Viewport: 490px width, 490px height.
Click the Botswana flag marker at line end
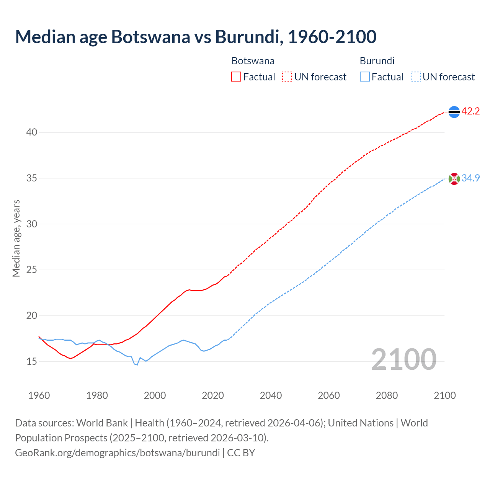click(x=454, y=112)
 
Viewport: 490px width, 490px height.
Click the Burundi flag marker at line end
click(x=454, y=179)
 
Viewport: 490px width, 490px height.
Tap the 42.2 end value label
click(x=470, y=111)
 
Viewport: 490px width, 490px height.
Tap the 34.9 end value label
click(x=470, y=178)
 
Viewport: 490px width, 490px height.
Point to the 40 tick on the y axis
click(x=32, y=132)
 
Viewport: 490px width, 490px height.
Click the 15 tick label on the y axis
click(x=32, y=361)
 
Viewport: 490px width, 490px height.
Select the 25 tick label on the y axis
click(x=32, y=270)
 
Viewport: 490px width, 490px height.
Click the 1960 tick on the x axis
click(x=39, y=395)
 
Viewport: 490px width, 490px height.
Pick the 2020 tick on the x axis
click(x=213, y=395)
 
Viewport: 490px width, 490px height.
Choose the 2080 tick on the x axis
click(x=387, y=395)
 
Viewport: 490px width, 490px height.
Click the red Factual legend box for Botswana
click(x=236, y=77)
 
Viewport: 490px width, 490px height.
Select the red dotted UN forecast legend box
click(x=287, y=77)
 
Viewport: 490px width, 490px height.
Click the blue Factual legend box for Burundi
click(x=365, y=77)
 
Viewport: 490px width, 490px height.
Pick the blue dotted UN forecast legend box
click(x=415, y=77)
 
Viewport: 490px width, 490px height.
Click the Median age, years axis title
click(x=16, y=238)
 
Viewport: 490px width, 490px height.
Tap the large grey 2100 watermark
click(x=403, y=359)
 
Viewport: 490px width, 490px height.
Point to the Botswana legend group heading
click(x=253, y=61)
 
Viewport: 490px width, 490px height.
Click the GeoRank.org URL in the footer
click(x=117, y=453)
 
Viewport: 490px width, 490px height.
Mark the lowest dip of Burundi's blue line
click(x=137, y=365)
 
